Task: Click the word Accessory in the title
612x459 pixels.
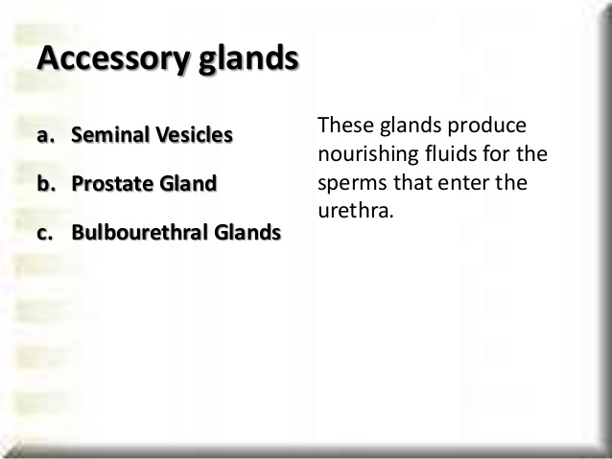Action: point(113,58)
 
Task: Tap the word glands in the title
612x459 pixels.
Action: point(249,58)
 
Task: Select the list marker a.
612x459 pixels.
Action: point(46,135)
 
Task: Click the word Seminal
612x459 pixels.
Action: point(110,134)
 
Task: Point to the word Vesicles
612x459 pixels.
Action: point(194,134)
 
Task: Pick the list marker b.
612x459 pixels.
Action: point(46,183)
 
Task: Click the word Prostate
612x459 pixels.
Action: point(112,183)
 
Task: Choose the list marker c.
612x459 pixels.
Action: point(45,233)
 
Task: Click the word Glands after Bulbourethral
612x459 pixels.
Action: point(247,232)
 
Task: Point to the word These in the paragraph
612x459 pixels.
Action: point(346,126)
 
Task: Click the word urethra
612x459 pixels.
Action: point(356,211)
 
